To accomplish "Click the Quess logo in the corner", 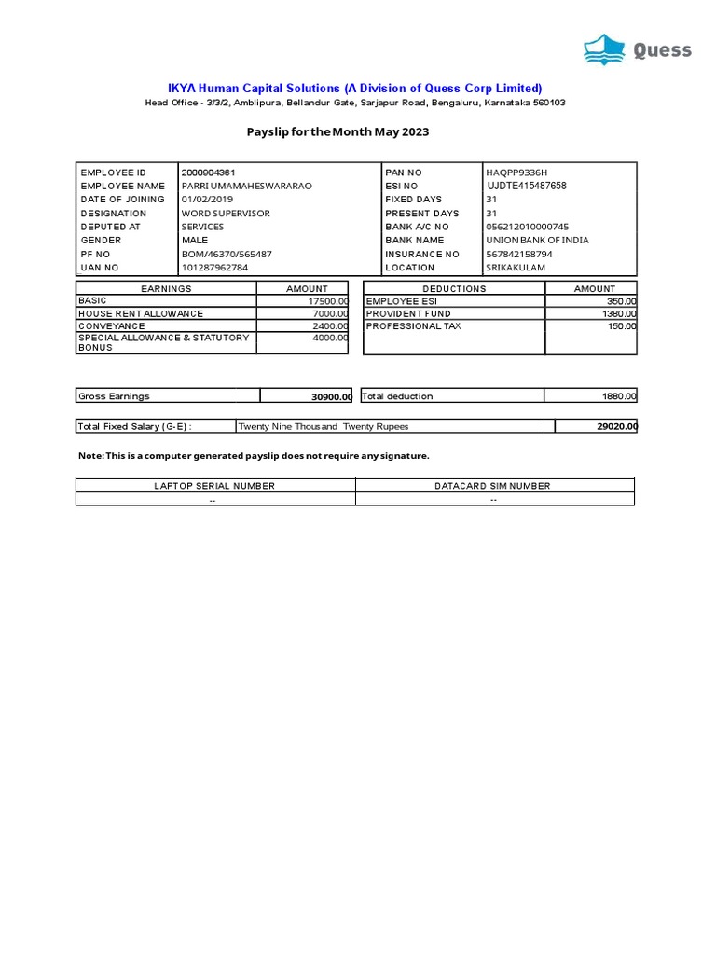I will pyautogui.click(x=638, y=48).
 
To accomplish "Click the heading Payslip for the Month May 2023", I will pyautogui.click(x=337, y=132).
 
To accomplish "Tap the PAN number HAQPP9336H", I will pyautogui.click(x=516, y=173).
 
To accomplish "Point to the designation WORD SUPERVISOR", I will pyautogui.click(x=226, y=214).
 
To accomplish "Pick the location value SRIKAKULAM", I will pyautogui.click(x=516, y=268).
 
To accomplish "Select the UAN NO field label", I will pyautogui.click(x=101, y=268).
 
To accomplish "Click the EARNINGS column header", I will pyautogui.click(x=166, y=289).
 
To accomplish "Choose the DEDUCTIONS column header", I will pyautogui.click(x=454, y=289).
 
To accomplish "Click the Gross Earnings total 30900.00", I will pyautogui.click(x=331, y=397).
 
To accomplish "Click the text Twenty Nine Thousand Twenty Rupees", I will pyautogui.click(x=324, y=427).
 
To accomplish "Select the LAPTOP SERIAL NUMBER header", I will pyautogui.click(x=214, y=486).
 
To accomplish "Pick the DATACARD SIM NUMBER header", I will pyautogui.click(x=492, y=486).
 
